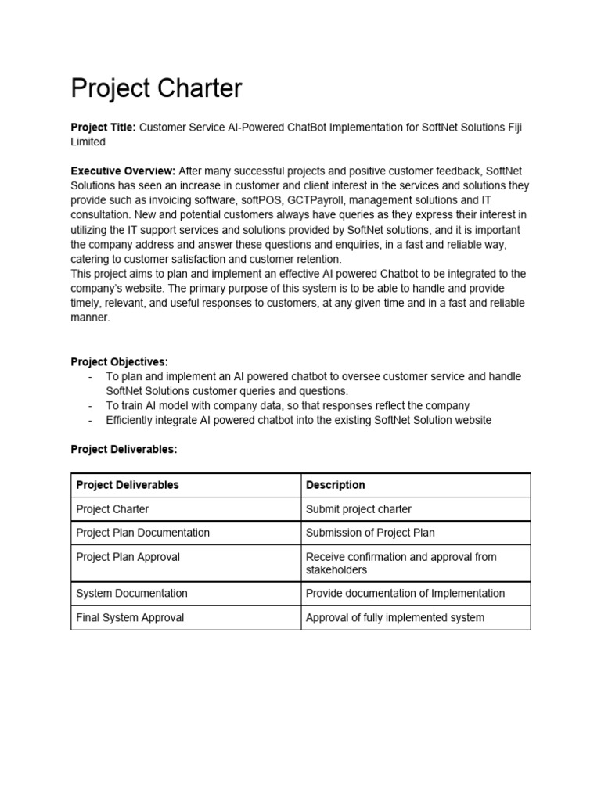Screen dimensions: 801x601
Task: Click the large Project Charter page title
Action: click(x=157, y=88)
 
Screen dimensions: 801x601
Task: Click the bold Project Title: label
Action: click(x=103, y=128)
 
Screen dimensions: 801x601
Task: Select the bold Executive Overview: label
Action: click(x=124, y=171)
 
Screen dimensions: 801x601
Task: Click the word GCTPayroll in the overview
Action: click(x=317, y=200)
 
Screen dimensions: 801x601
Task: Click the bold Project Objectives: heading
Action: click(x=119, y=361)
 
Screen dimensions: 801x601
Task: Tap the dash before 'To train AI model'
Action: click(x=91, y=406)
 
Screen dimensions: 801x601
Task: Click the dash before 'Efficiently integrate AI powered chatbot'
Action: click(x=91, y=420)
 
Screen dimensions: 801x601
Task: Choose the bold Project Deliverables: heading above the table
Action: click(x=124, y=449)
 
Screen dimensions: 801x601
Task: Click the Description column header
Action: click(x=335, y=485)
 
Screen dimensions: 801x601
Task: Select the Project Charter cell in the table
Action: click(x=112, y=509)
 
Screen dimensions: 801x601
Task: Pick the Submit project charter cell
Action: click(x=358, y=509)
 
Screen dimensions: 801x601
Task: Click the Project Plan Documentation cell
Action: click(x=142, y=533)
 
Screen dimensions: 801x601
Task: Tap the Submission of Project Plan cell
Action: click(x=370, y=533)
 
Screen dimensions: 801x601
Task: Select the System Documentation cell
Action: click(x=131, y=594)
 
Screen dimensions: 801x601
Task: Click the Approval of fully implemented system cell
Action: click(x=394, y=618)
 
